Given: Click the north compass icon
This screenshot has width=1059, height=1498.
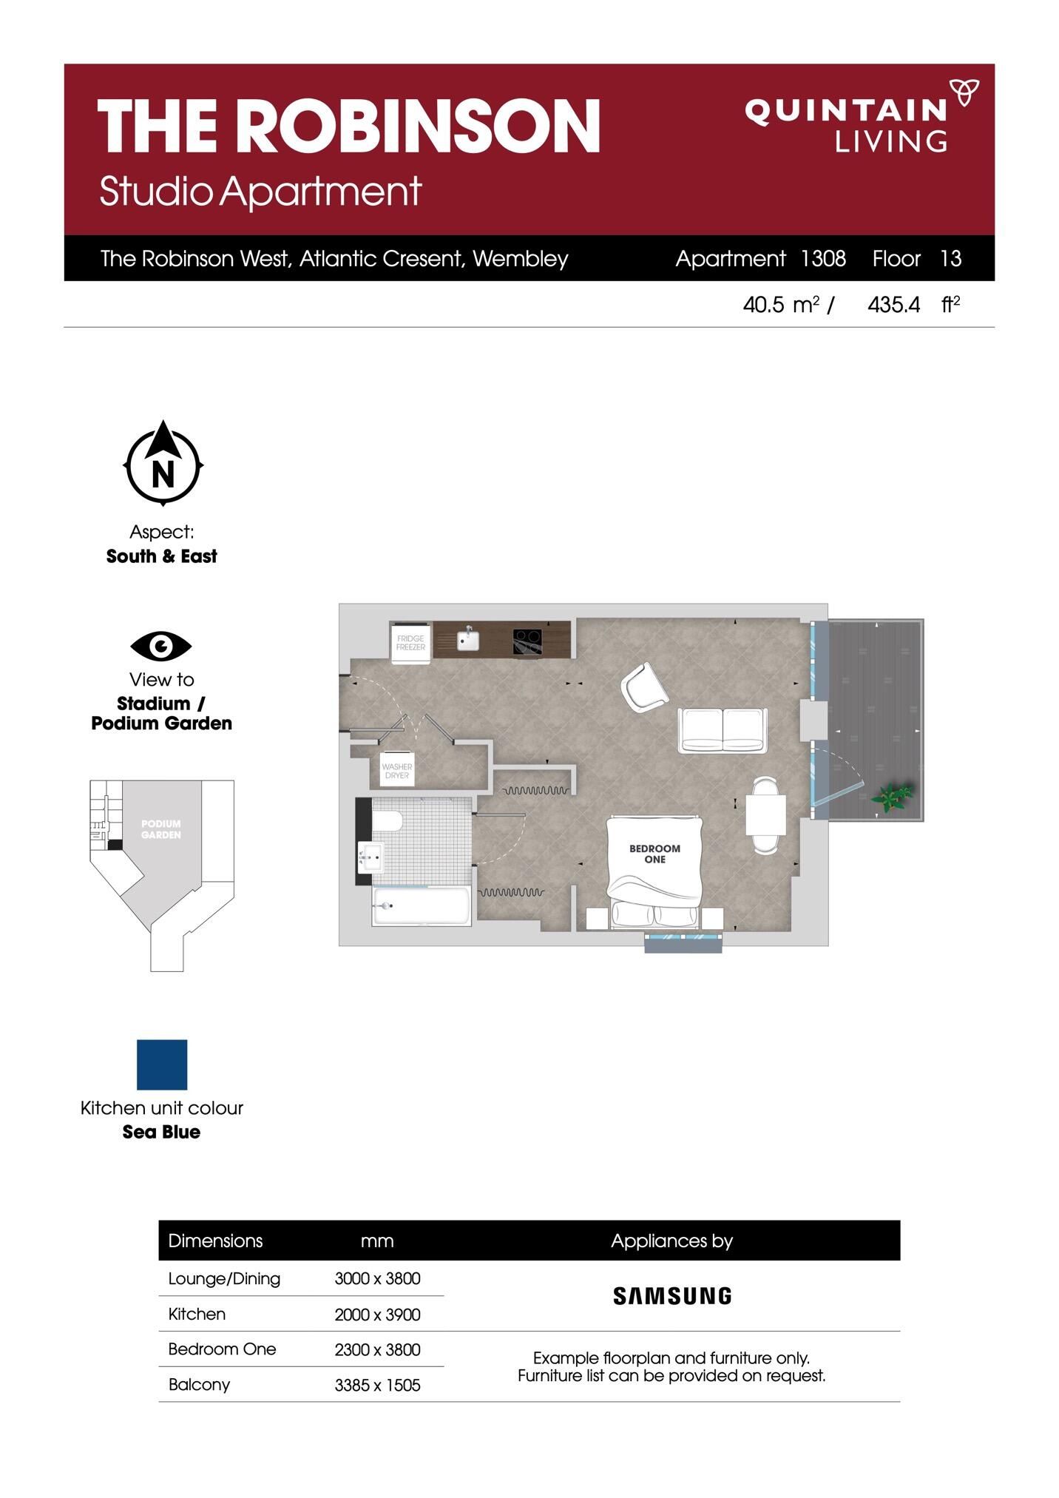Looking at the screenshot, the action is click(x=163, y=464).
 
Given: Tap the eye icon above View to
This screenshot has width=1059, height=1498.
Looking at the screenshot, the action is click(x=161, y=646).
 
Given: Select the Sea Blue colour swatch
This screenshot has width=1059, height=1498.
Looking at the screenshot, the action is click(x=162, y=1065).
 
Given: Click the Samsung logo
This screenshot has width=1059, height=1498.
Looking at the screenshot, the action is click(x=672, y=1295).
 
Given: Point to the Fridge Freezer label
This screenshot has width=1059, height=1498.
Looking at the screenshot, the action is click(x=410, y=643).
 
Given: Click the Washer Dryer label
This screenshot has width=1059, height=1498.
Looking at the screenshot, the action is click(x=397, y=771).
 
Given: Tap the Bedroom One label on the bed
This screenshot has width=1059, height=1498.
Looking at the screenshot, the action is click(x=654, y=854).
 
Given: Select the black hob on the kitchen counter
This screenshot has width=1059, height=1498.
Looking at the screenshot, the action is click(x=528, y=641).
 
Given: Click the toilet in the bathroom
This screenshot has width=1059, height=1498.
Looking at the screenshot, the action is click(x=388, y=822).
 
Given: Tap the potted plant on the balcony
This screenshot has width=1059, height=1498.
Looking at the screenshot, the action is click(x=893, y=798).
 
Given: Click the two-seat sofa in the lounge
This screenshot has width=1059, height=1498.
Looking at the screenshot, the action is click(x=723, y=730).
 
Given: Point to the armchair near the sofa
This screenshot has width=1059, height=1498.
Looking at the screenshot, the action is click(x=644, y=687).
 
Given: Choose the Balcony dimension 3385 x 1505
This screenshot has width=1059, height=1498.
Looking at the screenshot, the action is click(x=377, y=1385).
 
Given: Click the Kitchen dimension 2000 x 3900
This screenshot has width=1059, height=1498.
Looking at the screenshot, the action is click(x=377, y=1315).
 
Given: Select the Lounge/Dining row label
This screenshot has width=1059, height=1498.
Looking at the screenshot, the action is click(x=224, y=1279).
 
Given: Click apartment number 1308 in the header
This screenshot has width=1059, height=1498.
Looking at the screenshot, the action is click(x=823, y=258).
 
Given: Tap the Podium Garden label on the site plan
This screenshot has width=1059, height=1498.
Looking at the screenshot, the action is click(x=161, y=829).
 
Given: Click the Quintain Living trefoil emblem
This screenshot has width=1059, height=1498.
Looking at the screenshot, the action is click(x=964, y=93).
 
